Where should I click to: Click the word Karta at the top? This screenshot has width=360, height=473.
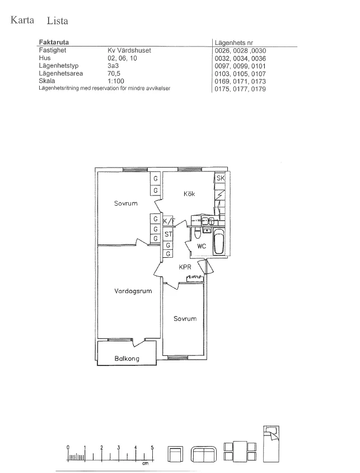click(22, 20)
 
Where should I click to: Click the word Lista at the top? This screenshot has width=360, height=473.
click(57, 21)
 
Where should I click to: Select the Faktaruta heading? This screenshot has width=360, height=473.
click(54, 42)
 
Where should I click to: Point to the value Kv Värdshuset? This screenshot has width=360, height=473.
click(129, 50)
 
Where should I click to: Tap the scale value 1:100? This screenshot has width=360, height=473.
click(116, 81)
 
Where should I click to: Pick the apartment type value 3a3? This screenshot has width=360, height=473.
click(113, 66)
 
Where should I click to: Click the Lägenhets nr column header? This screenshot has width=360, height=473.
click(234, 43)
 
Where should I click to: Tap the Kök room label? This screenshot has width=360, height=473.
click(189, 194)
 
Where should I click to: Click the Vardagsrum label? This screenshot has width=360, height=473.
click(133, 291)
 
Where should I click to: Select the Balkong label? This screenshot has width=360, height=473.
click(127, 359)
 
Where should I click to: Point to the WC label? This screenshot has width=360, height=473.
click(202, 246)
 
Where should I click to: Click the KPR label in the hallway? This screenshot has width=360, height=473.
click(185, 267)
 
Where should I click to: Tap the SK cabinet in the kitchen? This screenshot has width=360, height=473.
click(220, 178)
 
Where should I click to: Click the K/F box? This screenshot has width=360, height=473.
click(169, 221)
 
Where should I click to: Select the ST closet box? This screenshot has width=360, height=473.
click(168, 234)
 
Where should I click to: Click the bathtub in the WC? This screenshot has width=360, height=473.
click(218, 242)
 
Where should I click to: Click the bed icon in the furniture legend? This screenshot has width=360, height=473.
click(271, 444)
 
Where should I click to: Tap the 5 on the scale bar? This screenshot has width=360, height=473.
click(152, 447)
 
